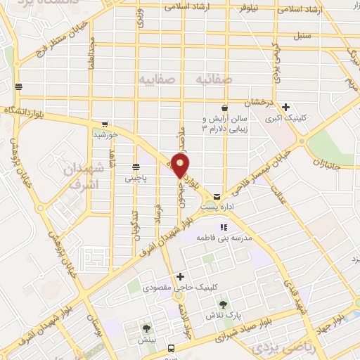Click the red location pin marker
coord(181,166)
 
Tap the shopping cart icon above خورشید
coord(105,124)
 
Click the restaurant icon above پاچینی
coord(136,167)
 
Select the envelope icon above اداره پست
coord(217,195)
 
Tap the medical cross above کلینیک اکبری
coord(286,108)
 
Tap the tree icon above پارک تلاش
coord(223,304)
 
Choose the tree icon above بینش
coord(146,328)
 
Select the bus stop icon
coord(171,348)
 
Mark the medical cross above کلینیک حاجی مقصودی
coord(181,276)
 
